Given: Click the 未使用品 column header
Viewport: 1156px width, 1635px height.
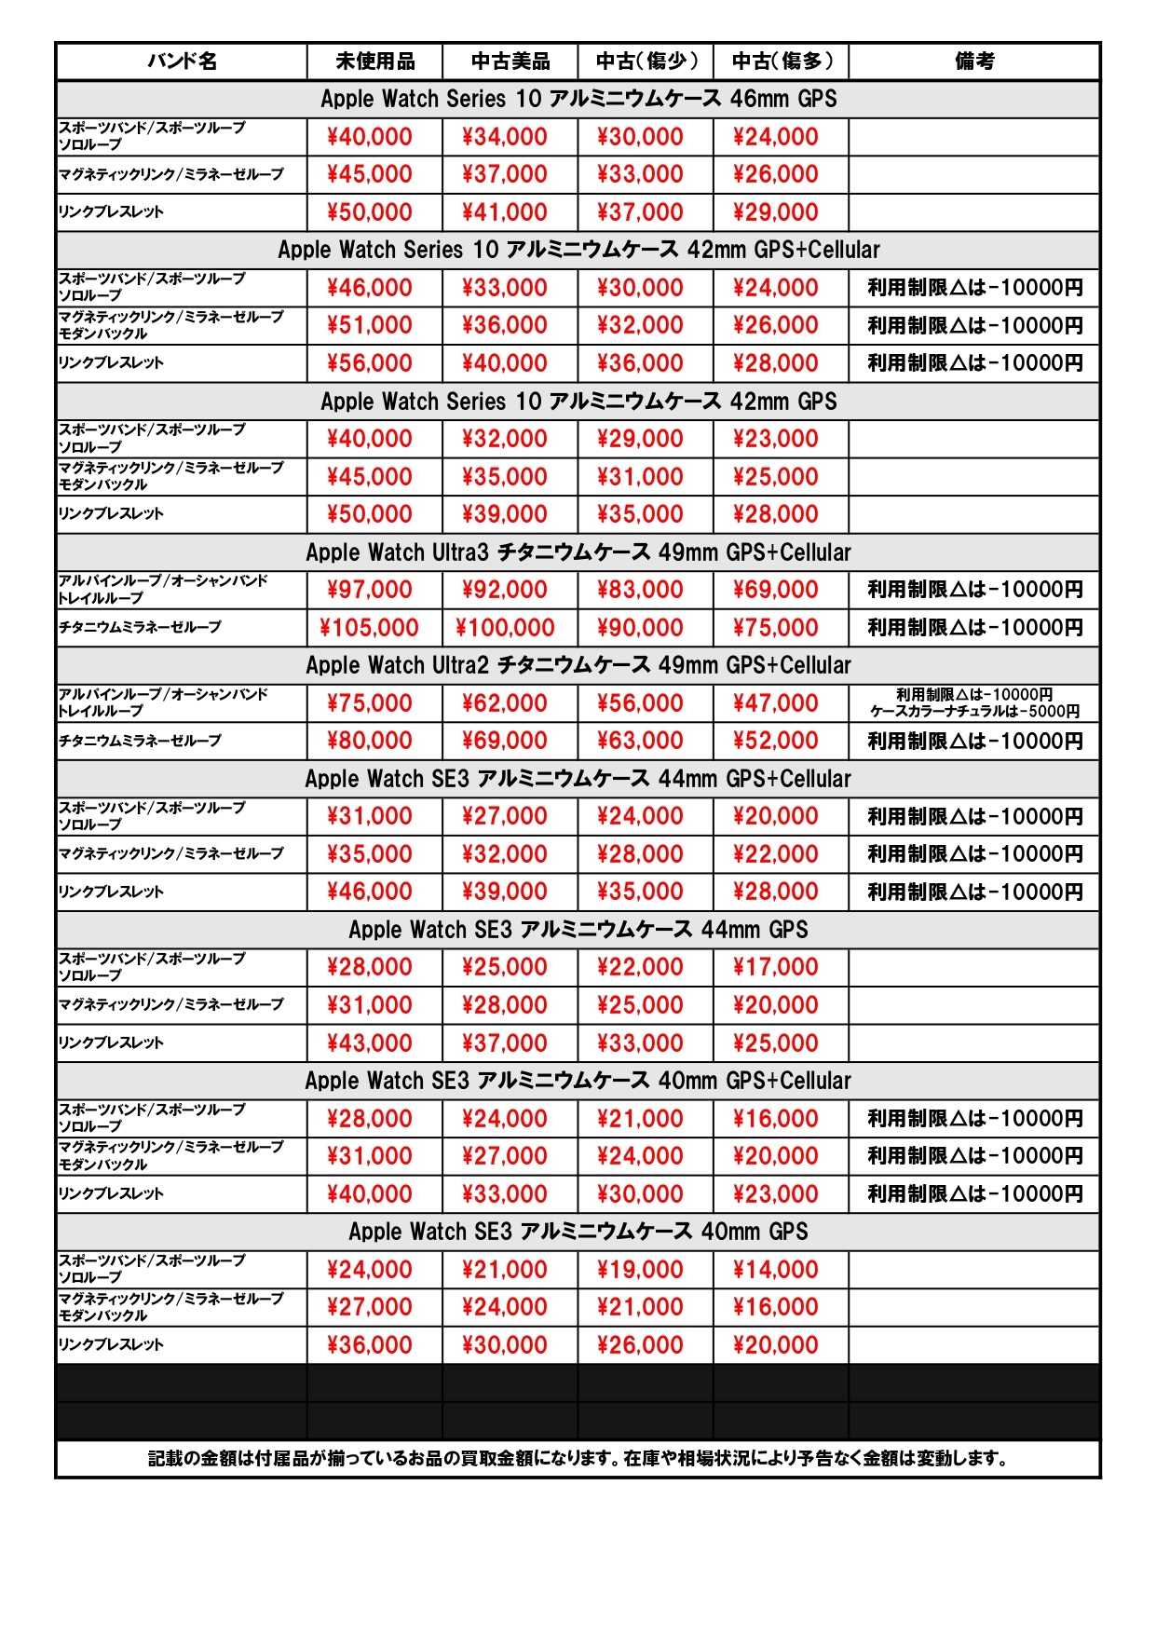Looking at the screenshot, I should pyautogui.click(x=374, y=61).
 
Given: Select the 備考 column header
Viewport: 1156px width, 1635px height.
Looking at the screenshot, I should pyautogui.click(x=973, y=61).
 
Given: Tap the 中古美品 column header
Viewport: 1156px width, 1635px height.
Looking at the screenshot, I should pyautogui.click(x=510, y=61).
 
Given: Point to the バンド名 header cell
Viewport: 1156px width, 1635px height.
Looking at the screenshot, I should pyautogui.click(x=182, y=61).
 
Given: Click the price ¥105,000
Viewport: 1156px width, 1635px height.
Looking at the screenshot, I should pyautogui.click(x=369, y=628).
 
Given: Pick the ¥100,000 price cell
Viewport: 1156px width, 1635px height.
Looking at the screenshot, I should pyautogui.click(x=505, y=628).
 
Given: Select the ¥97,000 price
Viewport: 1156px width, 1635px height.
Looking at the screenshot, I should pyautogui.click(x=369, y=590).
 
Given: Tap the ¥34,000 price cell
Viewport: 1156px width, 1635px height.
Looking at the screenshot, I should pyautogui.click(x=505, y=137).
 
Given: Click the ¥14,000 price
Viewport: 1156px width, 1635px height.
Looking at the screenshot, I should pyautogui.click(x=775, y=1270).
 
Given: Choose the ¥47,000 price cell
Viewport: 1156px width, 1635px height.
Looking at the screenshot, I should pyautogui.click(x=775, y=703).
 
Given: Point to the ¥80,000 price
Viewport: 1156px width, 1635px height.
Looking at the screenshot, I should pyautogui.click(x=369, y=741).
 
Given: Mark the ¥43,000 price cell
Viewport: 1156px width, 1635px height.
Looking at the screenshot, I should pyautogui.click(x=369, y=1043).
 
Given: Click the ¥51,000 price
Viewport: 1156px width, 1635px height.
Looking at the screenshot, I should pyautogui.click(x=369, y=325).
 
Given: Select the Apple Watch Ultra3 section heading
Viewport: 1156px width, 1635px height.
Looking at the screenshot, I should pyautogui.click(x=578, y=552).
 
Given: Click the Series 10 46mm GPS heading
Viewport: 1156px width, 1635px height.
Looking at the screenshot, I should pyautogui.click(x=578, y=99).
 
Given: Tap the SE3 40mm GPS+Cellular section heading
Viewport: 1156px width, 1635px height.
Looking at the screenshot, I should pyautogui.click(x=578, y=1081).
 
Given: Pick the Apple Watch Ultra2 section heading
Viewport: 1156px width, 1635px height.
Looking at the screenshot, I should pyautogui.click(x=578, y=665).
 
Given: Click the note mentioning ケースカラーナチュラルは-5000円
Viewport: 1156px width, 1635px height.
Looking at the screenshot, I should pyautogui.click(x=974, y=712).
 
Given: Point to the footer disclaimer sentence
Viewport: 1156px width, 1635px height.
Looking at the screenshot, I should pyautogui.click(x=578, y=1459).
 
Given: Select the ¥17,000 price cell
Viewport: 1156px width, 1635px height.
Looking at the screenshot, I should pyautogui.click(x=775, y=967).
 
